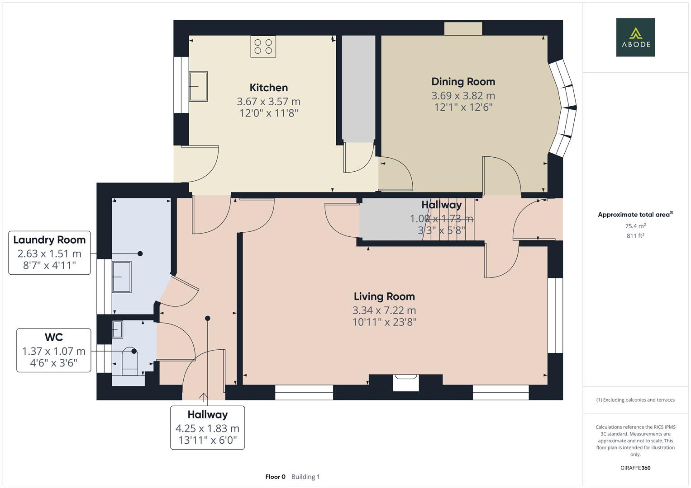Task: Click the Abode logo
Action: (x=635, y=37)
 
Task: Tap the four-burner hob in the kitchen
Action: (x=263, y=47)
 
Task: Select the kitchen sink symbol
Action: (x=198, y=86)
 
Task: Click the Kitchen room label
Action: (x=268, y=88)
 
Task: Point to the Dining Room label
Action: (x=463, y=82)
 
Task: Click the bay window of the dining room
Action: (x=563, y=108)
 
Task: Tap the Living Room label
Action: (x=384, y=297)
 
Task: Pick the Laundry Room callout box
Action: (x=49, y=253)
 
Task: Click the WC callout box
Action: (x=54, y=350)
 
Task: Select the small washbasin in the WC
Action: (x=118, y=329)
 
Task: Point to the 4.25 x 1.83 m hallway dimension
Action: (x=207, y=428)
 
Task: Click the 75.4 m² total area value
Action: (x=635, y=226)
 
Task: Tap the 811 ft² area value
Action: (x=635, y=236)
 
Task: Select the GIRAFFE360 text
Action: (x=635, y=468)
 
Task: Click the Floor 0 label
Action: (x=275, y=477)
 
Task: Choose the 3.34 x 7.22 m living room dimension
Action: (x=384, y=310)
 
